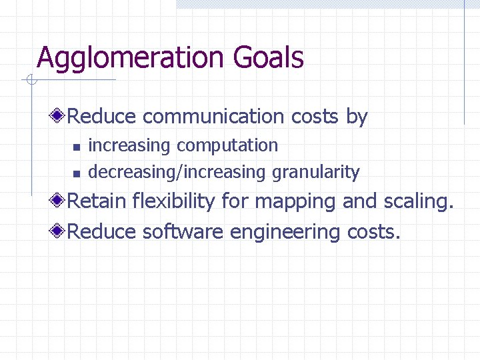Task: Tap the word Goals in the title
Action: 269,58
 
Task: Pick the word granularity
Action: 315,172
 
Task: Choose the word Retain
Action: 98,201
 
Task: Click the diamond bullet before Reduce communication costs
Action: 60,117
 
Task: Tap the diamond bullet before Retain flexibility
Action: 60,201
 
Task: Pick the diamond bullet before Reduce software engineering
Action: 60,231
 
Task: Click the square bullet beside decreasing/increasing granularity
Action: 76,173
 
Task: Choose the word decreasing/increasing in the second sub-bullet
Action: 177,172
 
